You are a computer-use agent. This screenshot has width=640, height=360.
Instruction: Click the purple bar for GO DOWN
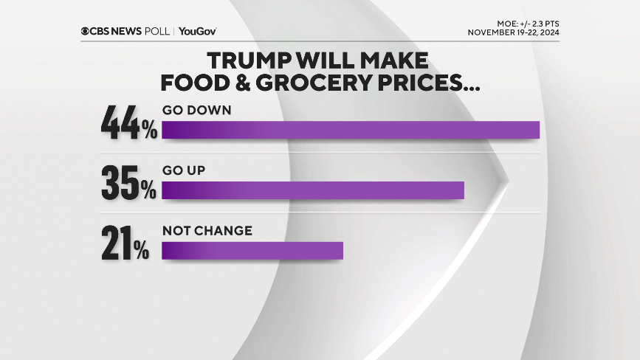coord(351,129)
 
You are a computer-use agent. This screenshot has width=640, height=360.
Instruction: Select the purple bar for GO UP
coord(312,190)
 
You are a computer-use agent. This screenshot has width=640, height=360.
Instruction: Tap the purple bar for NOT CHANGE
coord(252,250)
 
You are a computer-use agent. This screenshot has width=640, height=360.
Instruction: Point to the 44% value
coord(129,122)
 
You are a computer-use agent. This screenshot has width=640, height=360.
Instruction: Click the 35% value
coord(128,183)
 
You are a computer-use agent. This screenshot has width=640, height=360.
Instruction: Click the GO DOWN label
coord(197,110)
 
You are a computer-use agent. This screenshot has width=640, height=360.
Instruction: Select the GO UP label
coord(183,170)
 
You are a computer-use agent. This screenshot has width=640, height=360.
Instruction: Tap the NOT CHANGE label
coord(207,231)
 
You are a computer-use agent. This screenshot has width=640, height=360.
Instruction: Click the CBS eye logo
coord(86,31)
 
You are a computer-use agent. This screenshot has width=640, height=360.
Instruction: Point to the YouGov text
coord(197,31)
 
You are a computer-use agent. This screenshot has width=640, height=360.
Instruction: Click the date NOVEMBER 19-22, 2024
coord(513,33)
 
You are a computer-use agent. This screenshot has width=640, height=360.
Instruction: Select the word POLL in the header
coord(157,31)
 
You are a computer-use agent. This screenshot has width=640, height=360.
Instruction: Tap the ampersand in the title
coord(244,83)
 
